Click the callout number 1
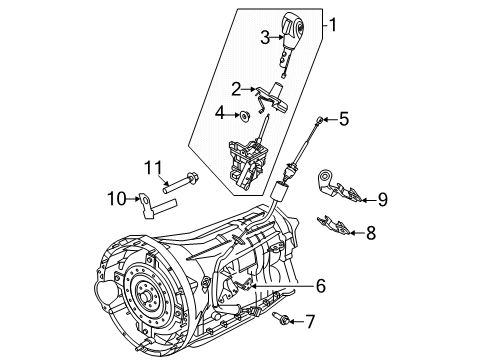pyautogui.click(x=333, y=25)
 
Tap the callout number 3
pyautogui.click(x=265, y=37)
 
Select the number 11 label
pyautogui.click(x=153, y=168)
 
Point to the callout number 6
pyautogui.click(x=321, y=286)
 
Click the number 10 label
pyautogui.click(x=117, y=199)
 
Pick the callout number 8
pyautogui.click(x=371, y=233)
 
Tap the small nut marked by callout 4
pyautogui.click(x=245, y=116)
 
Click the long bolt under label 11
pyautogui.click(x=180, y=182)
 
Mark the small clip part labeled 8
pyautogui.click(x=334, y=225)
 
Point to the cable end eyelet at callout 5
pyautogui.click(x=319, y=119)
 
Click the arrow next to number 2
pyautogui.click(x=248, y=89)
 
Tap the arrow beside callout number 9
pyautogui.click(x=369, y=200)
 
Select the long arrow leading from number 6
pyautogui.click(x=284, y=286)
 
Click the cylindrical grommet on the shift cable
pyautogui.click(x=279, y=192)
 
